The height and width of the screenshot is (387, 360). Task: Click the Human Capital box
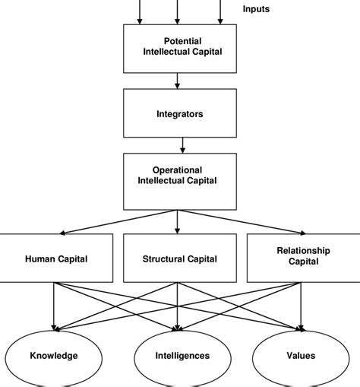point(56,259)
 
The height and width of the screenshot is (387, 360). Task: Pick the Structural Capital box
point(180,259)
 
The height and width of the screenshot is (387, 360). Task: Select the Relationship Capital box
point(303,259)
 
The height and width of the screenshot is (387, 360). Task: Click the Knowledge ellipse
point(54,355)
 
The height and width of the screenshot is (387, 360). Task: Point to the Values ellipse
point(302,355)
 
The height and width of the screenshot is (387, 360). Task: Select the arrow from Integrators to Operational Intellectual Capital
point(182,144)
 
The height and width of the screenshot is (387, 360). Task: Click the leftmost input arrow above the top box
point(139,11)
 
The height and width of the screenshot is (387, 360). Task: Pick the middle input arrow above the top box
point(178,11)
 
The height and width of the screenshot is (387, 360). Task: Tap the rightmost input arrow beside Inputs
point(221,11)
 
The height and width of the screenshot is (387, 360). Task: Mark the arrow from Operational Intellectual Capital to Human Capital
point(118,221)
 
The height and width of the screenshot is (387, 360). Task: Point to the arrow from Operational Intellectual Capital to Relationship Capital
point(239,221)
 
